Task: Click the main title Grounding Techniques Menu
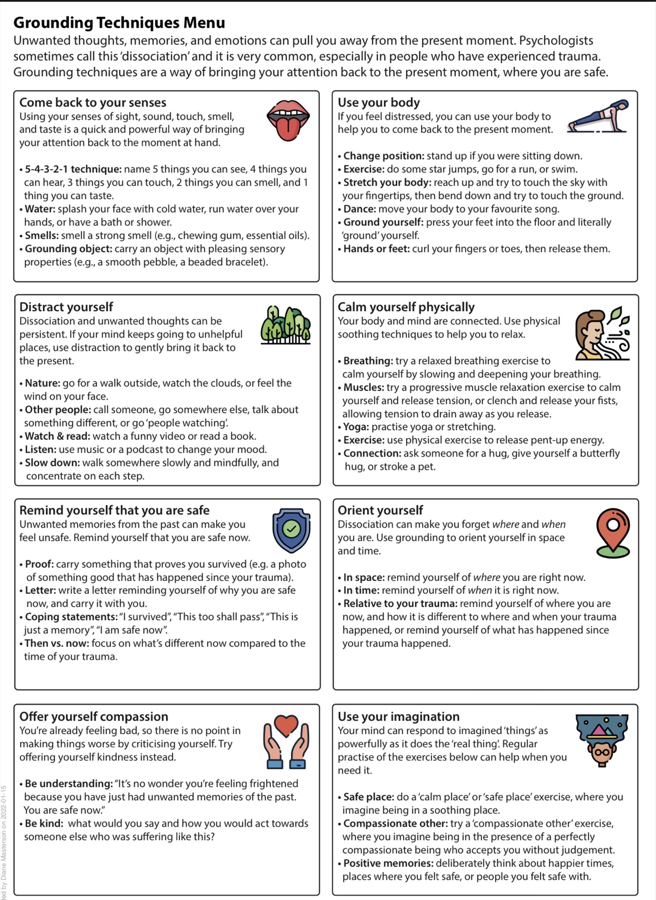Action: pyautogui.click(x=119, y=22)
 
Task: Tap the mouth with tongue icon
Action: pyautogui.click(x=288, y=120)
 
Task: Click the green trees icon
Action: pyautogui.click(x=285, y=325)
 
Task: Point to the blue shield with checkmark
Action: pyautogui.click(x=291, y=530)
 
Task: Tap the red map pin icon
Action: pyautogui.click(x=613, y=532)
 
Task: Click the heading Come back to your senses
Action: pyautogui.click(x=93, y=103)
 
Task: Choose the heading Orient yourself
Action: pyautogui.click(x=380, y=510)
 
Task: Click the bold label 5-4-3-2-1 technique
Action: pyautogui.click(x=73, y=169)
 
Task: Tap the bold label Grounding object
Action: pyautogui.click(x=68, y=249)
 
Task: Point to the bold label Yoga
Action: pyautogui.click(x=356, y=427)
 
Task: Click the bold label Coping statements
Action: pyautogui.click(x=71, y=616)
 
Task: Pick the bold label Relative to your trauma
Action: pyautogui.click(x=400, y=603)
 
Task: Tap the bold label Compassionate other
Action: pyautogui.click(x=395, y=823)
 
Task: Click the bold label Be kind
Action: pyautogui.click(x=43, y=823)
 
